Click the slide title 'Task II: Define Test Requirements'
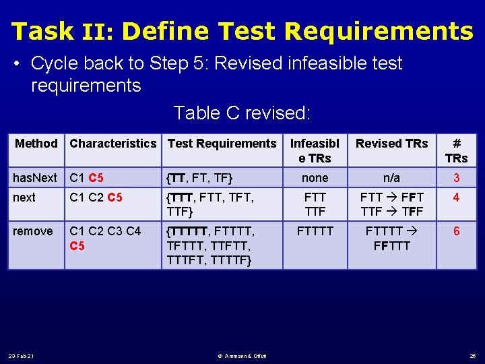pos(243,31)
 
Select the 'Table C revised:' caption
pos(242,113)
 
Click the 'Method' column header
pos(36,143)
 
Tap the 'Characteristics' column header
pos(112,143)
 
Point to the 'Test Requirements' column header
pos(222,143)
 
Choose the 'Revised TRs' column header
pos(391,143)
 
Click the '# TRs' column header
pos(456,150)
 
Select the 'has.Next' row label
pos(35,178)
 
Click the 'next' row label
pos(24,198)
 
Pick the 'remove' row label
pos(32,231)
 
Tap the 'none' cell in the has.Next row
pos(315,178)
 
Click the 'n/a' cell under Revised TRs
pos(391,178)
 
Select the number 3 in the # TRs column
pos(456,178)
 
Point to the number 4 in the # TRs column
pos(456,198)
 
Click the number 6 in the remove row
pos(456,231)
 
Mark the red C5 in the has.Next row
pos(96,178)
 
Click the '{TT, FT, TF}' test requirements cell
pos(200,178)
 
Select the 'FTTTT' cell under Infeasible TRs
pos(315,231)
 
